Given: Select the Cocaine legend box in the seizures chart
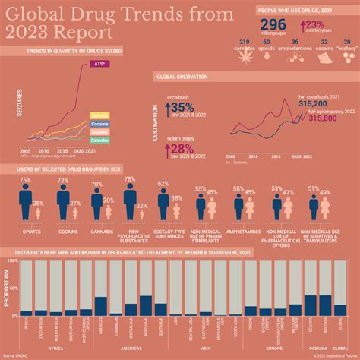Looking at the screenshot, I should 99,124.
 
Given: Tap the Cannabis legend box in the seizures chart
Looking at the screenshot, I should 99,141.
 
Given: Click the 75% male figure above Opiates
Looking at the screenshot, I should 25,181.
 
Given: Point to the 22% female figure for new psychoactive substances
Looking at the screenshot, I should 142,206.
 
